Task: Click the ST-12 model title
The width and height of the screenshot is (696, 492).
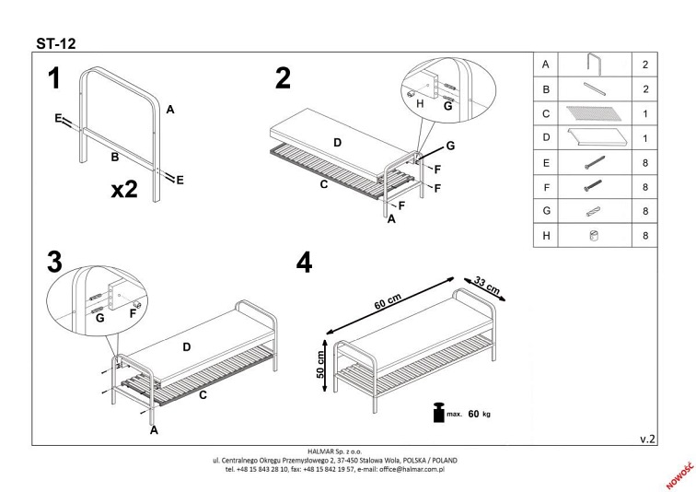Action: click(56, 43)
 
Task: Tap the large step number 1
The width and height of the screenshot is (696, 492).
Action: click(54, 78)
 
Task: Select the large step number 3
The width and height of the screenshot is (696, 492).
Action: click(54, 262)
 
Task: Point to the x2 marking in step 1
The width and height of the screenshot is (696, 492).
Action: click(124, 189)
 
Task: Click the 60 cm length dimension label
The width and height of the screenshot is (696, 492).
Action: click(388, 301)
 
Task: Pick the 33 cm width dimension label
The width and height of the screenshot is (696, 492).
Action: click(487, 286)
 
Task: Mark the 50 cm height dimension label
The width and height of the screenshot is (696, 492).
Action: click(320, 365)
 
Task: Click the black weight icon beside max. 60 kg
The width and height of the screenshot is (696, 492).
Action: click(439, 412)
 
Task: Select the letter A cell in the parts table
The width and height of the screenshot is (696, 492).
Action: click(546, 64)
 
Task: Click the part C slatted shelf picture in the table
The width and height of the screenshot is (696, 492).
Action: click(594, 113)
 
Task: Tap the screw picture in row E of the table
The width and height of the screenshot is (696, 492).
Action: click(595, 162)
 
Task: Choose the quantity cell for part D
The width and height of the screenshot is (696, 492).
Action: click(645, 138)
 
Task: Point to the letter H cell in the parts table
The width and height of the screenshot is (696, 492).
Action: click(546, 235)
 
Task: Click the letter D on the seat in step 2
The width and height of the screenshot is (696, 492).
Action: click(337, 143)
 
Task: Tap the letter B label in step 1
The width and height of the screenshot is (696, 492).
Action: click(115, 157)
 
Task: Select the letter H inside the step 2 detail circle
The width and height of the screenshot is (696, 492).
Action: click(420, 103)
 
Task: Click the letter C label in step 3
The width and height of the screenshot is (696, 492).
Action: click(203, 394)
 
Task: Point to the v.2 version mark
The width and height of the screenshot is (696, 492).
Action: click(647, 439)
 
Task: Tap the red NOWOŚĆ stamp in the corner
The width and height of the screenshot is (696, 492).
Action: click(679, 474)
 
